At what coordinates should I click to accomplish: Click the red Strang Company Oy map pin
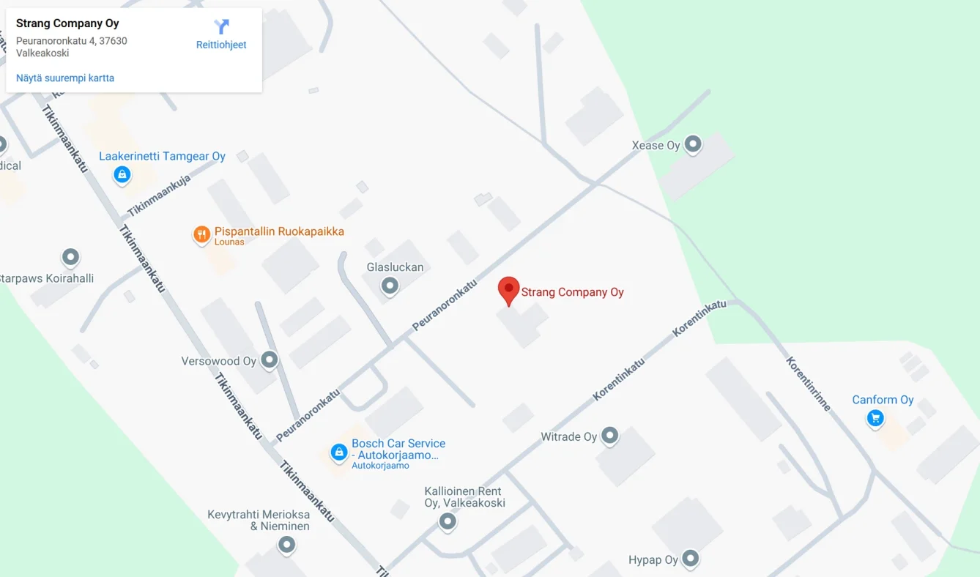point(508,289)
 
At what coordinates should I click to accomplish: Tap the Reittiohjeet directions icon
point(221,28)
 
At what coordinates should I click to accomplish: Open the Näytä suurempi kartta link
point(65,78)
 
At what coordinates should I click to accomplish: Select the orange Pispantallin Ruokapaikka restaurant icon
point(201,235)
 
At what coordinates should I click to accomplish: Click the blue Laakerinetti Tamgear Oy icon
point(122,174)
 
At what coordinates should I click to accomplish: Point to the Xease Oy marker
point(692,144)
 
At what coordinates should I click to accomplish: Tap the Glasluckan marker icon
point(390,285)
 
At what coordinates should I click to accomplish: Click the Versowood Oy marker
point(270,360)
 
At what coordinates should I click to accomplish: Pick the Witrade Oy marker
point(609,436)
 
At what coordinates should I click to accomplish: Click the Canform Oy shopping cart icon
point(875,418)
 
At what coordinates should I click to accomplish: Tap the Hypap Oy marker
point(690,559)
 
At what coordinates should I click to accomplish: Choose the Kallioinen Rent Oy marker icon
point(448,521)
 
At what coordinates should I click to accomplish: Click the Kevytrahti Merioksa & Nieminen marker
point(286,545)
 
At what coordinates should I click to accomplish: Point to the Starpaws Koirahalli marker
point(70,257)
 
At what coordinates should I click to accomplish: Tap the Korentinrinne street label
point(809,384)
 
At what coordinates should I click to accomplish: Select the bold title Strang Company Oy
point(67,23)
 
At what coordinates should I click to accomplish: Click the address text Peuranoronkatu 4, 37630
point(72,41)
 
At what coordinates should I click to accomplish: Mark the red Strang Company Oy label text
point(572,292)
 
